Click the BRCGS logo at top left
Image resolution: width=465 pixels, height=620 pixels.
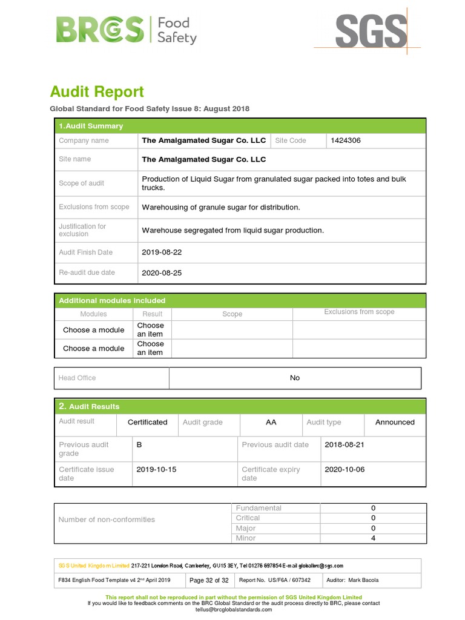(x=126, y=30)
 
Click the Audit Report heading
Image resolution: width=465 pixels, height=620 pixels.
(x=97, y=92)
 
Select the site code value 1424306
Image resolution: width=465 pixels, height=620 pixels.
(x=346, y=140)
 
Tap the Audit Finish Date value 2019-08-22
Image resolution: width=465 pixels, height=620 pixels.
(x=161, y=252)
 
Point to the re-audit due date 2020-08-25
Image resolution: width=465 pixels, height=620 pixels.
(x=161, y=273)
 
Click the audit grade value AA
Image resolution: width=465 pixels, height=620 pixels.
(x=271, y=423)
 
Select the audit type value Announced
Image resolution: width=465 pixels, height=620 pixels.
(x=395, y=423)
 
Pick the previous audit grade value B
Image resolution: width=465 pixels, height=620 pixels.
(x=139, y=444)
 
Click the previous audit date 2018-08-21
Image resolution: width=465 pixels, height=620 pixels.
(x=345, y=444)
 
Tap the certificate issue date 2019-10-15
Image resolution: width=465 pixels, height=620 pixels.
(x=156, y=469)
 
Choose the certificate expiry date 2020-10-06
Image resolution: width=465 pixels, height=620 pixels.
(x=345, y=469)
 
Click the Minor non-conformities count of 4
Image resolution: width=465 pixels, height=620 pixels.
(x=373, y=538)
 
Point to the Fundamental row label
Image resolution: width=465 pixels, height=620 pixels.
(x=259, y=508)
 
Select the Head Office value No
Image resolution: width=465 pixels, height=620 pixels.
(x=295, y=378)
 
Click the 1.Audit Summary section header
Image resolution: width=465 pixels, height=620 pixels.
(x=91, y=126)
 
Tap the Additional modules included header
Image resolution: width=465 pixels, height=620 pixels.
(x=112, y=300)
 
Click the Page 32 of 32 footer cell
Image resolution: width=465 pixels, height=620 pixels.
(x=209, y=580)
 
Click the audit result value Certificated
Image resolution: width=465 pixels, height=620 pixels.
(x=147, y=423)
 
